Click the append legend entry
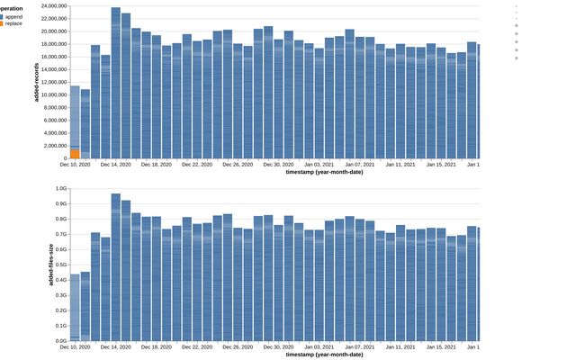(x=13, y=16)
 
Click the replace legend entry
(x=13, y=24)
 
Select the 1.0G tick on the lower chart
(x=61, y=189)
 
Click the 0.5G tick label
(x=61, y=265)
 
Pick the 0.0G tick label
(x=61, y=341)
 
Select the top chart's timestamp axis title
(x=325, y=172)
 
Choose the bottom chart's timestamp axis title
(x=325, y=355)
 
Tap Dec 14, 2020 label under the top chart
(x=115, y=165)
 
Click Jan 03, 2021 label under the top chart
(x=318, y=165)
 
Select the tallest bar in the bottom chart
(x=116, y=270)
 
